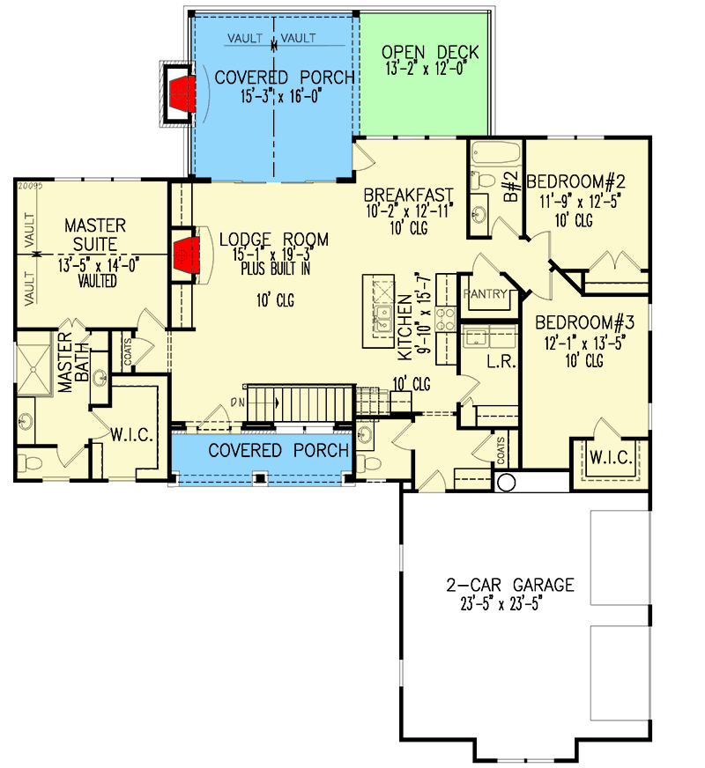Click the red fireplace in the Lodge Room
pos(183,255)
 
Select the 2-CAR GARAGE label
pos(509,585)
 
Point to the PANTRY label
pos(485,293)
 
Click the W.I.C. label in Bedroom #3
pos(607,457)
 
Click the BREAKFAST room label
pos(409,196)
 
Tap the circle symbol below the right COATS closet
pos(506,482)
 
